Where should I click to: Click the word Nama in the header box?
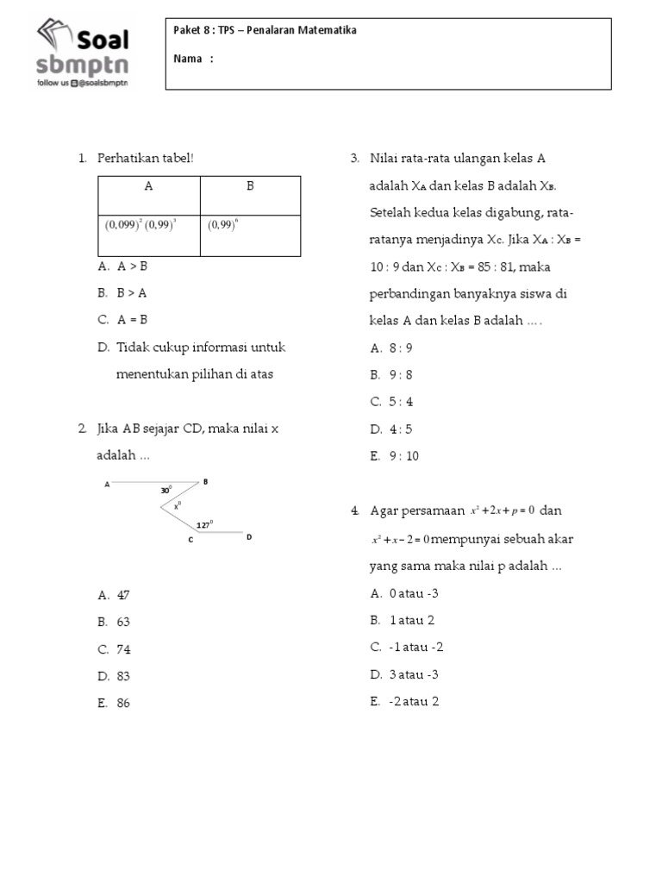point(189,59)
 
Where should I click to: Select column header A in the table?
point(148,185)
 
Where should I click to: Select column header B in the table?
point(250,185)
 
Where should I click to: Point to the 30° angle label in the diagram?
point(165,491)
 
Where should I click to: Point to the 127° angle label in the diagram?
point(203,524)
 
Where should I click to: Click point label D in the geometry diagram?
point(249,537)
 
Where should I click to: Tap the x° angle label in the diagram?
point(177,506)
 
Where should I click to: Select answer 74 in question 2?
point(123,649)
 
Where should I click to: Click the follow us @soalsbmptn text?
point(82,84)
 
